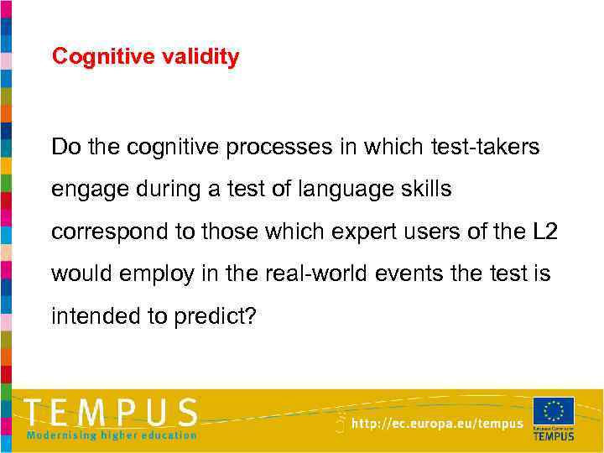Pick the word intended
(90, 315)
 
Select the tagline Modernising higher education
(112, 435)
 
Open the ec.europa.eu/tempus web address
(437, 424)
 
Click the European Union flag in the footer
(554, 412)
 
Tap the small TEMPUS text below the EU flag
(554, 435)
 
